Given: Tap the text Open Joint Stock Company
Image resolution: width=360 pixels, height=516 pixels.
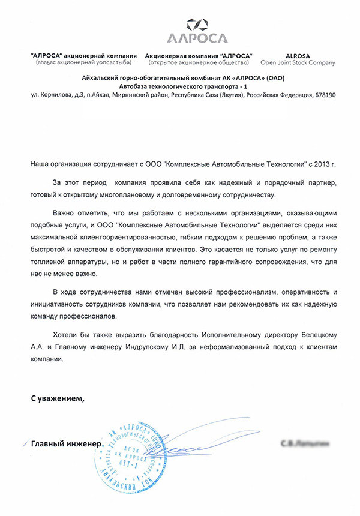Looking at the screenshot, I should pyautogui.click(x=298, y=62).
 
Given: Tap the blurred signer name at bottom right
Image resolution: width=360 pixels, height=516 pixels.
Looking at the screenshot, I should pyautogui.click(x=304, y=444).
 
